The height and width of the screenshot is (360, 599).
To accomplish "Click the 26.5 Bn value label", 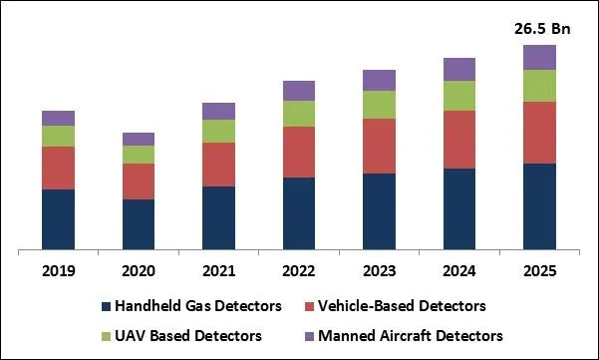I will (542, 29).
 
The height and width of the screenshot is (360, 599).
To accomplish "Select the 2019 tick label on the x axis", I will (59, 270).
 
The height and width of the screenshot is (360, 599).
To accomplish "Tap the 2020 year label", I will (139, 270).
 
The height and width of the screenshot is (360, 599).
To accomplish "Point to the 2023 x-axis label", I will (379, 270).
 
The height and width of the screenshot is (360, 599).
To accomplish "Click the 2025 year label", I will (539, 270).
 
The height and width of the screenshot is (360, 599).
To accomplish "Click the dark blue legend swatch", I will (107, 306).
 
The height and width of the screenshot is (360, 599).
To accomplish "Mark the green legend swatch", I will (107, 336).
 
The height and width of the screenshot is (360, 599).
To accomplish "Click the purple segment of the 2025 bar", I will (539, 57).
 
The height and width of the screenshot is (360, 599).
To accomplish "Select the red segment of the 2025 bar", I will (539, 132).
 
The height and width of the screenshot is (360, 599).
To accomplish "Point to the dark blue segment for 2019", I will (59, 218).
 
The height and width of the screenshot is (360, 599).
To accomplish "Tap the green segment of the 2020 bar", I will (139, 155).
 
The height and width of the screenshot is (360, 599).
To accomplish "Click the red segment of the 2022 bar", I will (299, 152).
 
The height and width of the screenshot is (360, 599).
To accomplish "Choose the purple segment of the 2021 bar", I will (218, 111).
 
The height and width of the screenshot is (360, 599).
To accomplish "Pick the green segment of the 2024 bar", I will (459, 95).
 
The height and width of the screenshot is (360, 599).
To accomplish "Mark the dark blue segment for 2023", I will (379, 210).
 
